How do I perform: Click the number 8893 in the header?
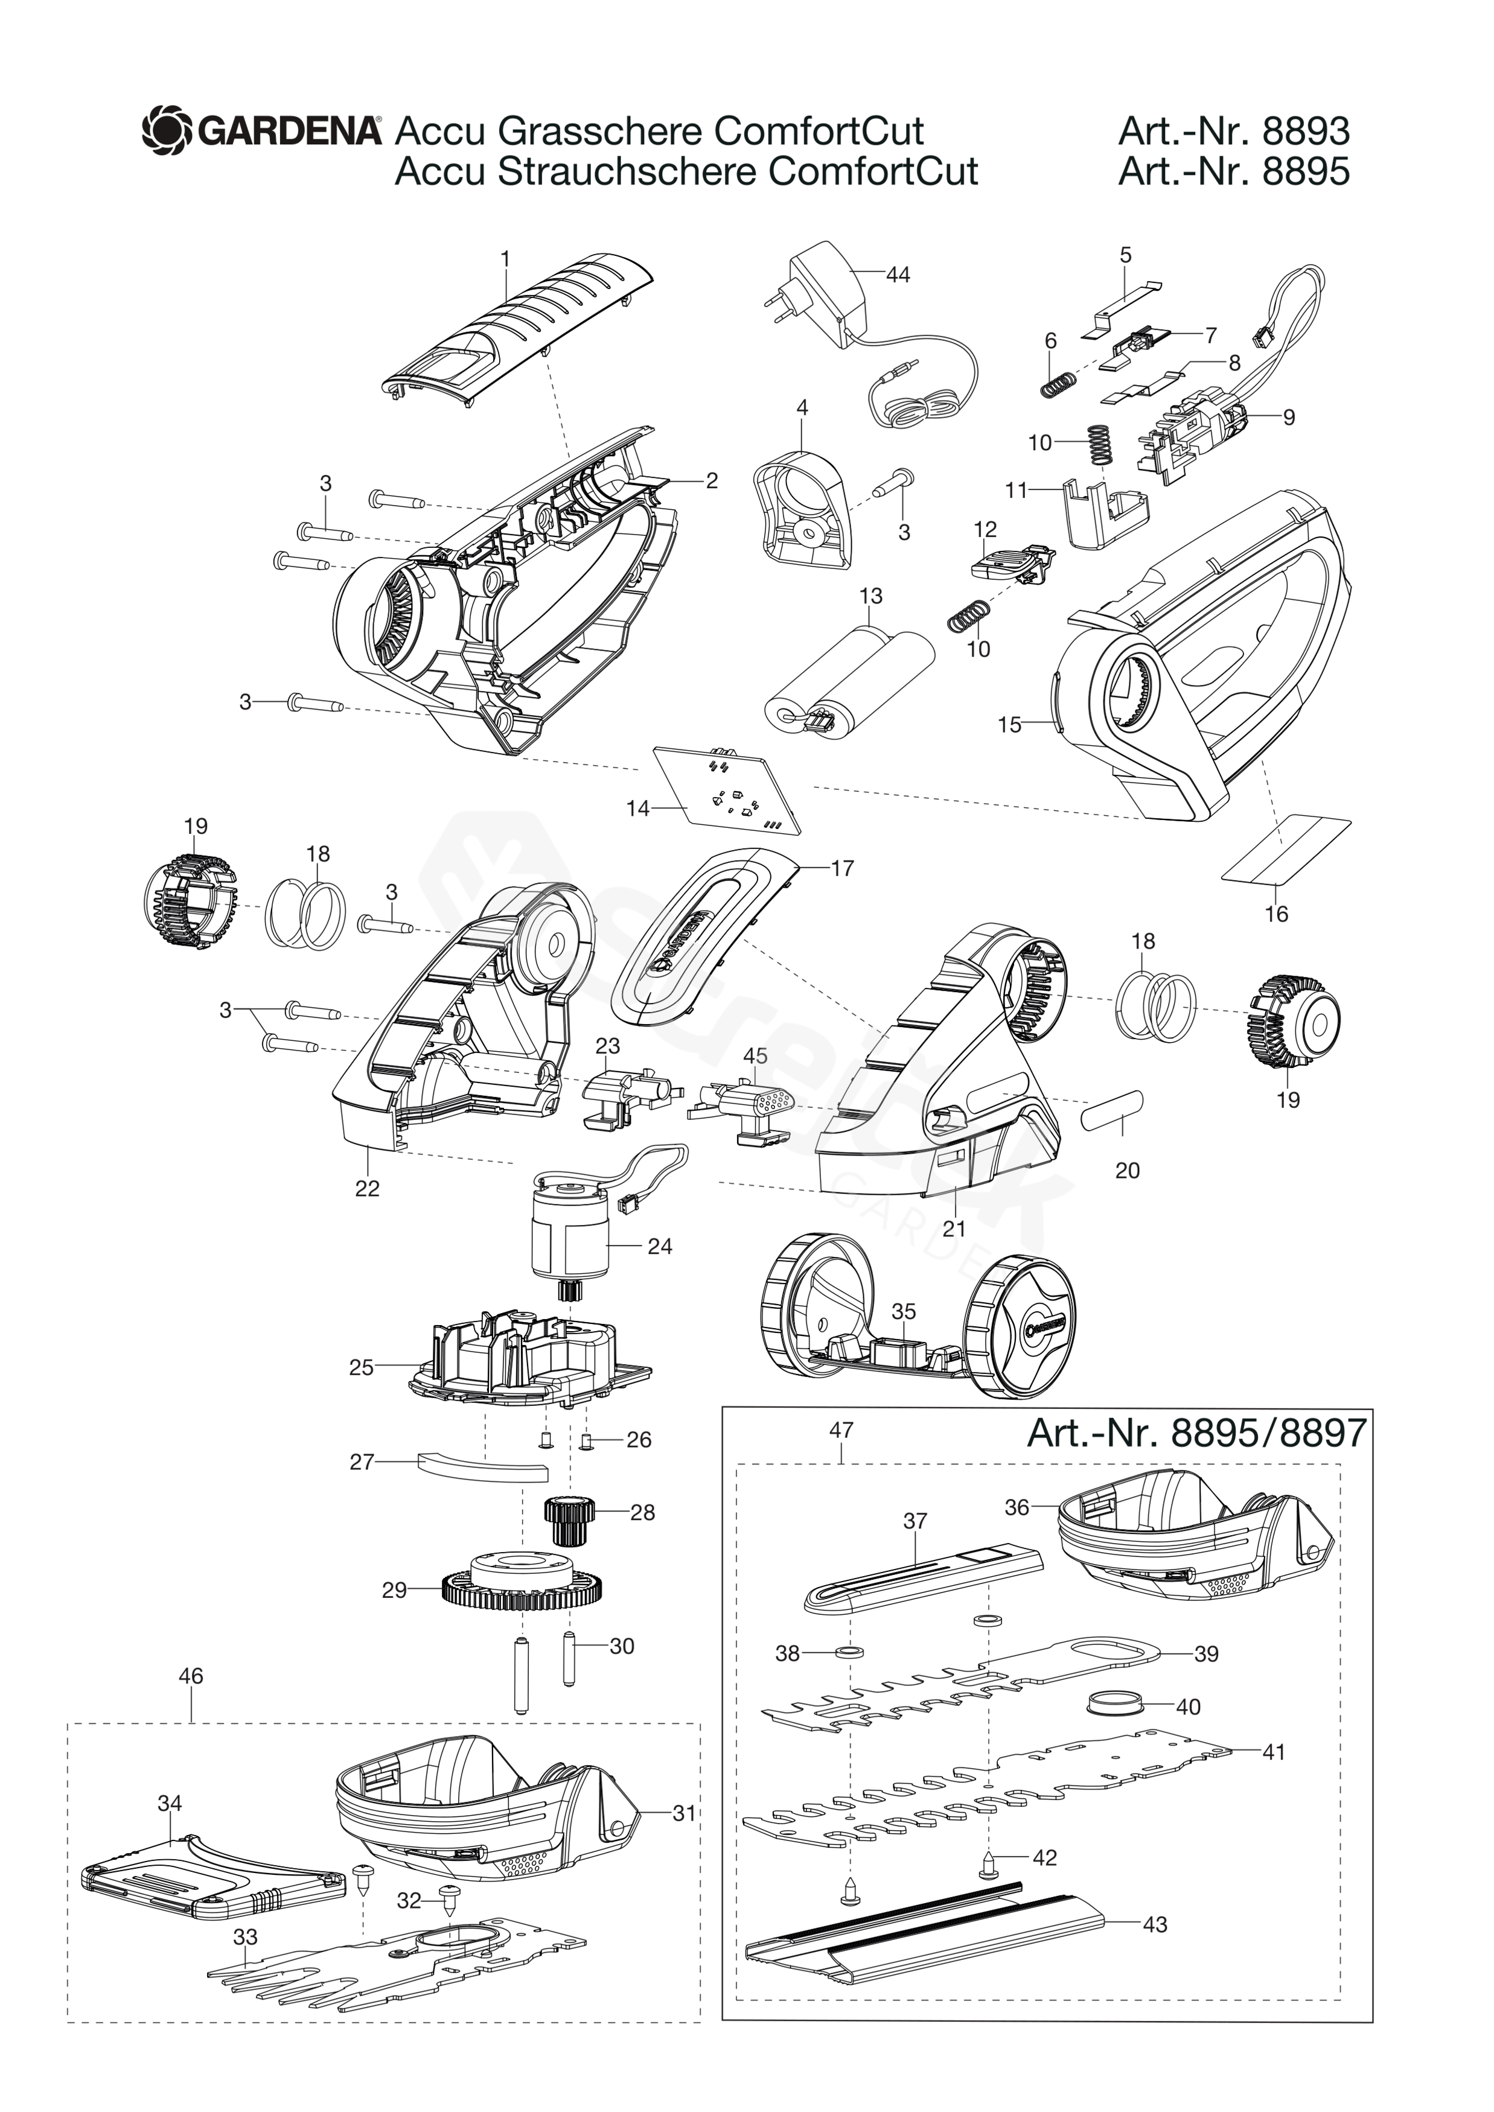click(x=1306, y=132)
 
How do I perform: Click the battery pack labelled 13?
click(x=851, y=685)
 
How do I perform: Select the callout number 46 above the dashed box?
click(x=190, y=1676)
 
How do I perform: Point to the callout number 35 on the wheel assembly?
click(x=904, y=1311)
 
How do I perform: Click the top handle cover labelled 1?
click(x=520, y=340)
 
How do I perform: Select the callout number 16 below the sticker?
click(x=1276, y=914)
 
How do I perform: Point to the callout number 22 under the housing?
click(x=367, y=1189)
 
